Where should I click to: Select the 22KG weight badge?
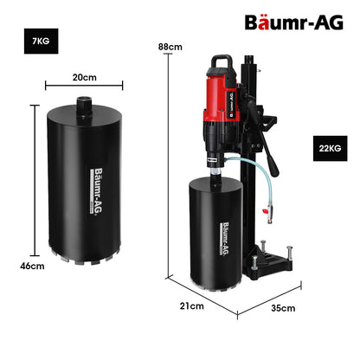pyautogui.click(x=329, y=149)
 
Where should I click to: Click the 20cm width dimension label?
pyautogui.click(x=84, y=77)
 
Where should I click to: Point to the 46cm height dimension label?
pyautogui.click(x=33, y=266)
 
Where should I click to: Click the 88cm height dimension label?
pyautogui.click(x=169, y=46)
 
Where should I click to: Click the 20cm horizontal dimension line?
pyautogui.click(x=84, y=86)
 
